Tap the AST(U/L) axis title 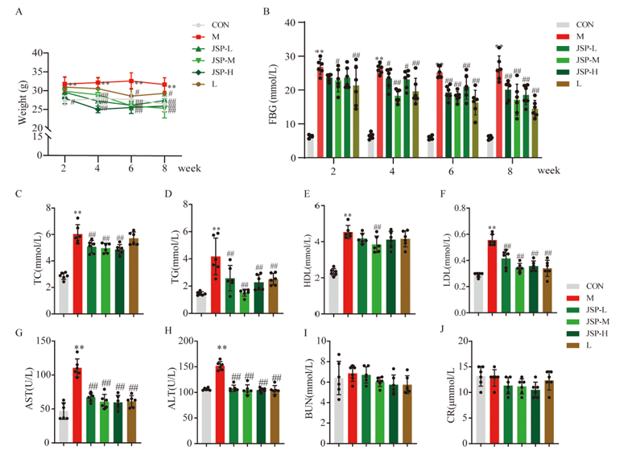pyautogui.click(x=15, y=382)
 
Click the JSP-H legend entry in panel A pyautogui.click(x=217, y=70)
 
